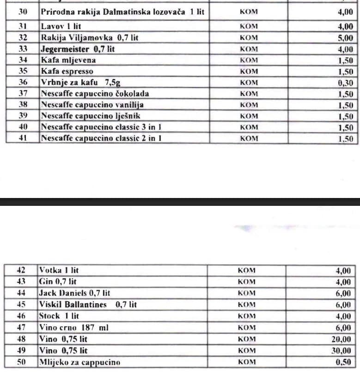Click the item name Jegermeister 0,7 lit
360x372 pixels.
78,49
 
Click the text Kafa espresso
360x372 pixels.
67,72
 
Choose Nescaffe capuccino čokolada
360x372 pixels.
95,94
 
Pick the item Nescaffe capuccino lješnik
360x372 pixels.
90,116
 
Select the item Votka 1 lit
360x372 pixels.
59,271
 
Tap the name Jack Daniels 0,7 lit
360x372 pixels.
74,293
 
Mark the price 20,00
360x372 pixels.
342,339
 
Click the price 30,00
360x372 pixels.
342,351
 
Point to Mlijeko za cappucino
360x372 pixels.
79,362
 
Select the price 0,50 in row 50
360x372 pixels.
343,362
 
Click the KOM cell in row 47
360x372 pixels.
246,328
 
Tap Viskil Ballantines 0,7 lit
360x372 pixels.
88,305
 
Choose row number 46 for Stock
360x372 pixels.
21,316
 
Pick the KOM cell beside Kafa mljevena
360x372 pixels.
249,60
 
